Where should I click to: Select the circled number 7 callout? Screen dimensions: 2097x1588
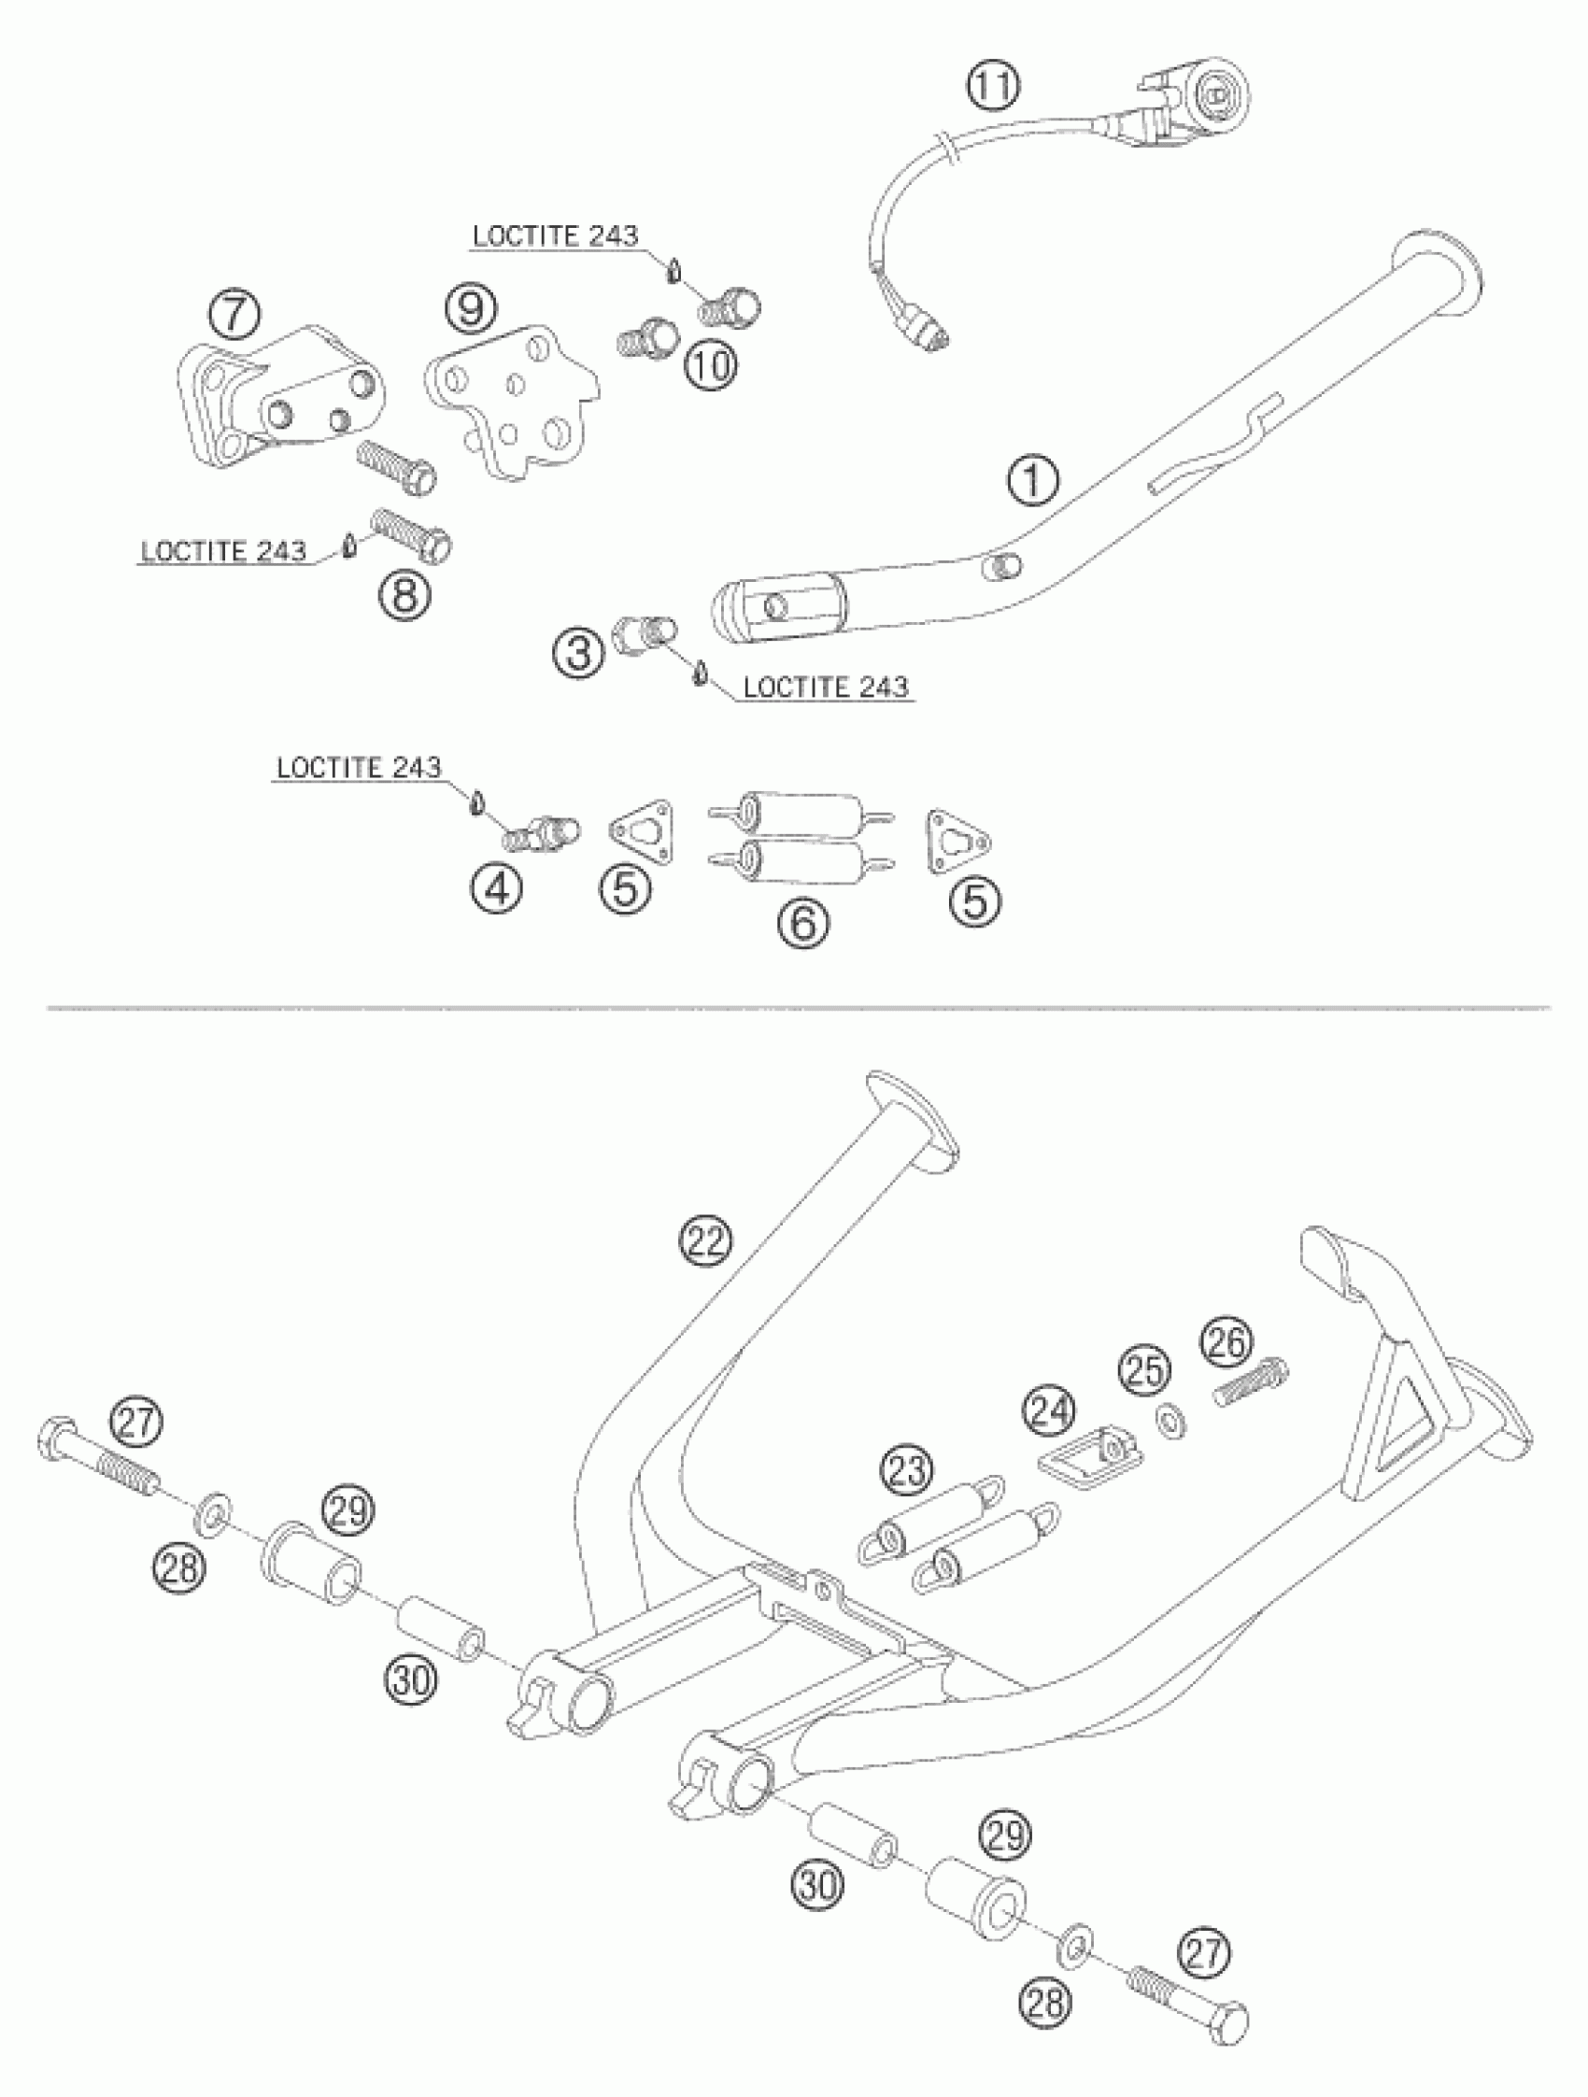click(x=234, y=315)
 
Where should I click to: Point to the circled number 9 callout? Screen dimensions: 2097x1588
click(x=471, y=308)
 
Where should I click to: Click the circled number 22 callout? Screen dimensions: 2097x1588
click(x=707, y=1241)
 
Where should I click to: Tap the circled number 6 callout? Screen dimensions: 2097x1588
click(x=803, y=922)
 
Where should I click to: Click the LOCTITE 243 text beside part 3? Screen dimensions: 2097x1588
click(x=825, y=687)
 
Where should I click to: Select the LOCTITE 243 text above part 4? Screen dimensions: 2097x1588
click(x=359, y=767)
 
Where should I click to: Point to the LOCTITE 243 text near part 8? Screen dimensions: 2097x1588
click(x=224, y=551)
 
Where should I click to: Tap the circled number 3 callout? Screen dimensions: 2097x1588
click(x=579, y=653)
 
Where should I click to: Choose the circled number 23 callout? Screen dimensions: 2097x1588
click(x=906, y=1470)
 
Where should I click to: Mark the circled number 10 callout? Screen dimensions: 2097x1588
click(x=711, y=364)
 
